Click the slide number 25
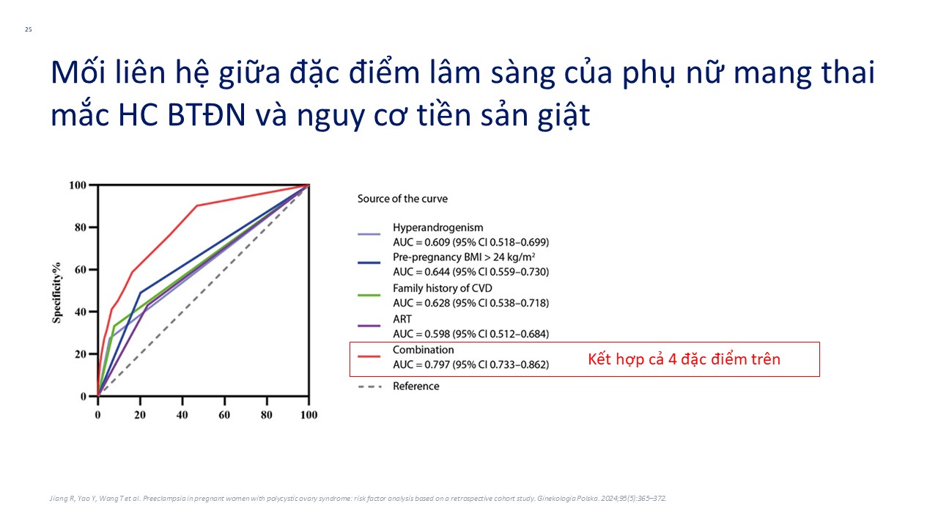pyautogui.click(x=29, y=29)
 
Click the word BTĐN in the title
pyautogui.click(x=207, y=115)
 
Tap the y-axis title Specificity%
pyautogui.click(x=57, y=293)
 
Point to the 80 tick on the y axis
pyautogui.click(x=80, y=227)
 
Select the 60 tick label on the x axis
pyautogui.click(x=224, y=415)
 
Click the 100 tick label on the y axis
pyautogui.click(x=78, y=186)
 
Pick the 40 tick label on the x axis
pyautogui.click(x=182, y=415)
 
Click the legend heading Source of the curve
pyautogui.click(x=402, y=199)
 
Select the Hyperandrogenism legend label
pyautogui.click(x=438, y=227)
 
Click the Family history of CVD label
pyautogui.click(x=443, y=288)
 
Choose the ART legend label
pyautogui.click(x=402, y=319)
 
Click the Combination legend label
pyautogui.click(x=424, y=350)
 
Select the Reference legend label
pyautogui.click(x=416, y=386)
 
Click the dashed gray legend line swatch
pyautogui.click(x=370, y=386)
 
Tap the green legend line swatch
pyautogui.click(x=369, y=296)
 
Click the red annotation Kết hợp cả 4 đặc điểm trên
pyautogui.click(x=684, y=359)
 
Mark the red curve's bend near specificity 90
pyautogui.click(x=197, y=206)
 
